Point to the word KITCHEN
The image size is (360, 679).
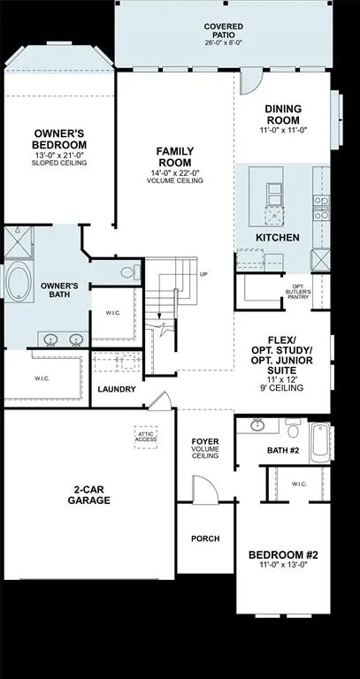click(x=277, y=238)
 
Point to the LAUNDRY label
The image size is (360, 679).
click(x=117, y=389)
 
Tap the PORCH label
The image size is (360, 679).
click(x=205, y=538)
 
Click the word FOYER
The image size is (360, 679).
click(x=205, y=440)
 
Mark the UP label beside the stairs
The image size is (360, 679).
click(x=204, y=274)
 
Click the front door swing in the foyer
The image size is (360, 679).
click(x=202, y=489)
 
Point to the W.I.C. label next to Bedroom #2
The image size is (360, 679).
click(x=297, y=483)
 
